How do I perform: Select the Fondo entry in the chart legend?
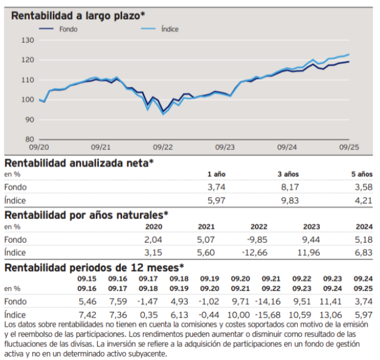coord(68,29)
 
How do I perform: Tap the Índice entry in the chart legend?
coord(169,29)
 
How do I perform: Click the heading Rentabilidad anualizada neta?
coord(79,162)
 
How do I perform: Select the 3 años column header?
coord(288,174)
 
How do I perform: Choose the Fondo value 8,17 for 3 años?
coord(289,187)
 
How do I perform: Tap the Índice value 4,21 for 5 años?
coord(362,201)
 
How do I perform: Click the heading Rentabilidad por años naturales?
coord(86,214)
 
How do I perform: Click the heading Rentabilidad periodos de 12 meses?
coord(94,267)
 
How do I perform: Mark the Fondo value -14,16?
coord(269,302)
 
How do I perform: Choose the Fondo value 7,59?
coord(117,302)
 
